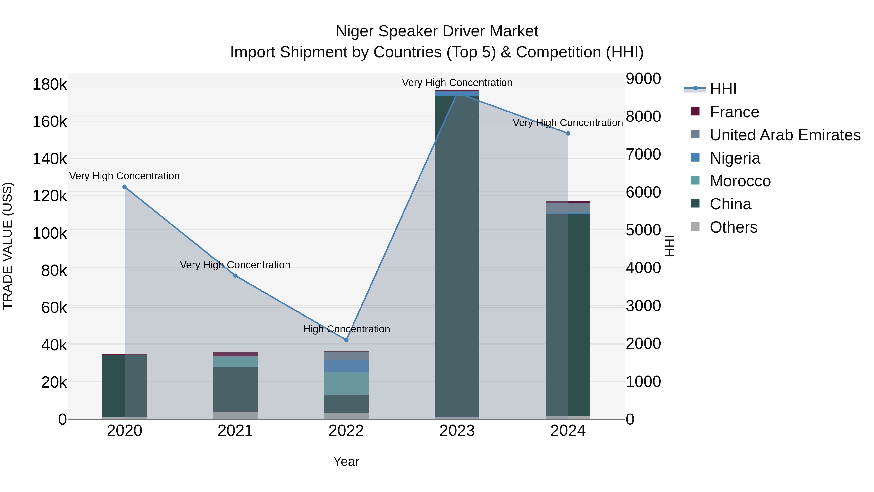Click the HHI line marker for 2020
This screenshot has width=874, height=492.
point(125,187)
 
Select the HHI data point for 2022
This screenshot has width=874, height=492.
point(346,340)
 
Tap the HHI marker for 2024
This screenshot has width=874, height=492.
point(568,133)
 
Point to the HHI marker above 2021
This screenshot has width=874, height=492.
point(235,276)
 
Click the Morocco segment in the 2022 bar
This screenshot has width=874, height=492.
point(346,383)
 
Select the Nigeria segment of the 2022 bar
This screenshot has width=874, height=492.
point(346,366)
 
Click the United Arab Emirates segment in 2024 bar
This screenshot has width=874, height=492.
point(568,207)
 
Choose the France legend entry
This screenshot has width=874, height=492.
point(734,112)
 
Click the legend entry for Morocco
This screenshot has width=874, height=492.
point(740,181)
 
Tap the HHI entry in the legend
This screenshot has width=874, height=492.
point(723,89)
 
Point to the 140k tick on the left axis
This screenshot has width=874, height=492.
point(50,159)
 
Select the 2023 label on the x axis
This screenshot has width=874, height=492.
point(457,431)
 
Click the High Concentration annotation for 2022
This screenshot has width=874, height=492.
point(346,329)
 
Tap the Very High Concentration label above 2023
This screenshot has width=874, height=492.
point(457,83)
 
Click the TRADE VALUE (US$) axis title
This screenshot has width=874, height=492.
point(8,246)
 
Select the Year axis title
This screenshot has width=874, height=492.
point(346,461)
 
